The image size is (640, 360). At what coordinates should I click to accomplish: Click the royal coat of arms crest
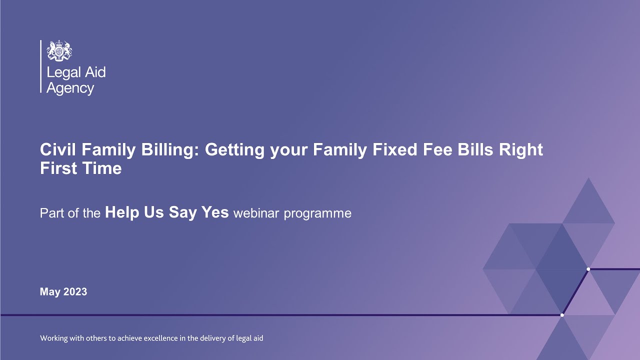(59, 50)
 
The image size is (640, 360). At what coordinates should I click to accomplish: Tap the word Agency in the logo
(70, 89)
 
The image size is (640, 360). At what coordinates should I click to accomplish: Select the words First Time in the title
(80, 168)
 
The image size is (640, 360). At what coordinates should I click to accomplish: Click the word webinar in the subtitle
(256, 213)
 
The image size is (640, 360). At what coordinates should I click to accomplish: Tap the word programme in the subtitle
(317, 214)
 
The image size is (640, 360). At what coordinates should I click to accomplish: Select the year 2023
(74, 291)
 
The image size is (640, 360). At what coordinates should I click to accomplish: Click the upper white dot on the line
(588, 269)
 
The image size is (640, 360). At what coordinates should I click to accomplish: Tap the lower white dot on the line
(562, 315)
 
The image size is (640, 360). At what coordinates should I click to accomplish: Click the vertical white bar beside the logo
(40, 66)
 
